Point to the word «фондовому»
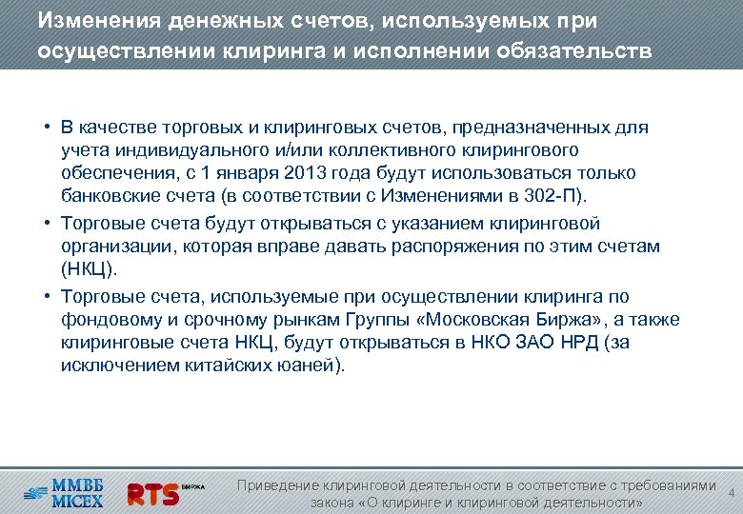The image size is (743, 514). click(x=106, y=319)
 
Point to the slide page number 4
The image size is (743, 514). click(x=731, y=493)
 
